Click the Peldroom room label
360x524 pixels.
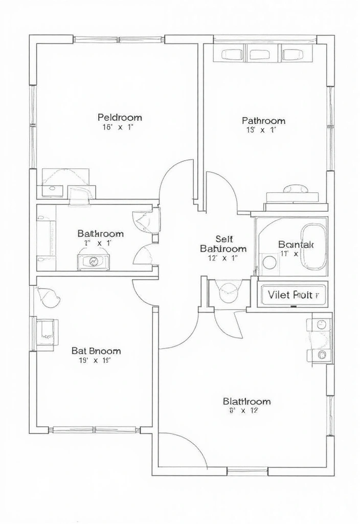(x=120, y=117)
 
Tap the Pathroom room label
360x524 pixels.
(x=263, y=121)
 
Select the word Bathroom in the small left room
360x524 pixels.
(x=100, y=233)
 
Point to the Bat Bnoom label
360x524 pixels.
(x=96, y=351)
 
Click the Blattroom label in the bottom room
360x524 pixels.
(x=246, y=401)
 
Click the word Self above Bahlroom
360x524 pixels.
(x=224, y=238)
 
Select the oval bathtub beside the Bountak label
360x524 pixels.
(x=312, y=246)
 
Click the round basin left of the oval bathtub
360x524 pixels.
(x=269, y=263)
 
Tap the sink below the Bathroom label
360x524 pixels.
(x=94, y=261)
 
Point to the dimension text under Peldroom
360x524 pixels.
(x=118, y=128)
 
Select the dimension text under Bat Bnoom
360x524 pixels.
(x=95, y=361)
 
